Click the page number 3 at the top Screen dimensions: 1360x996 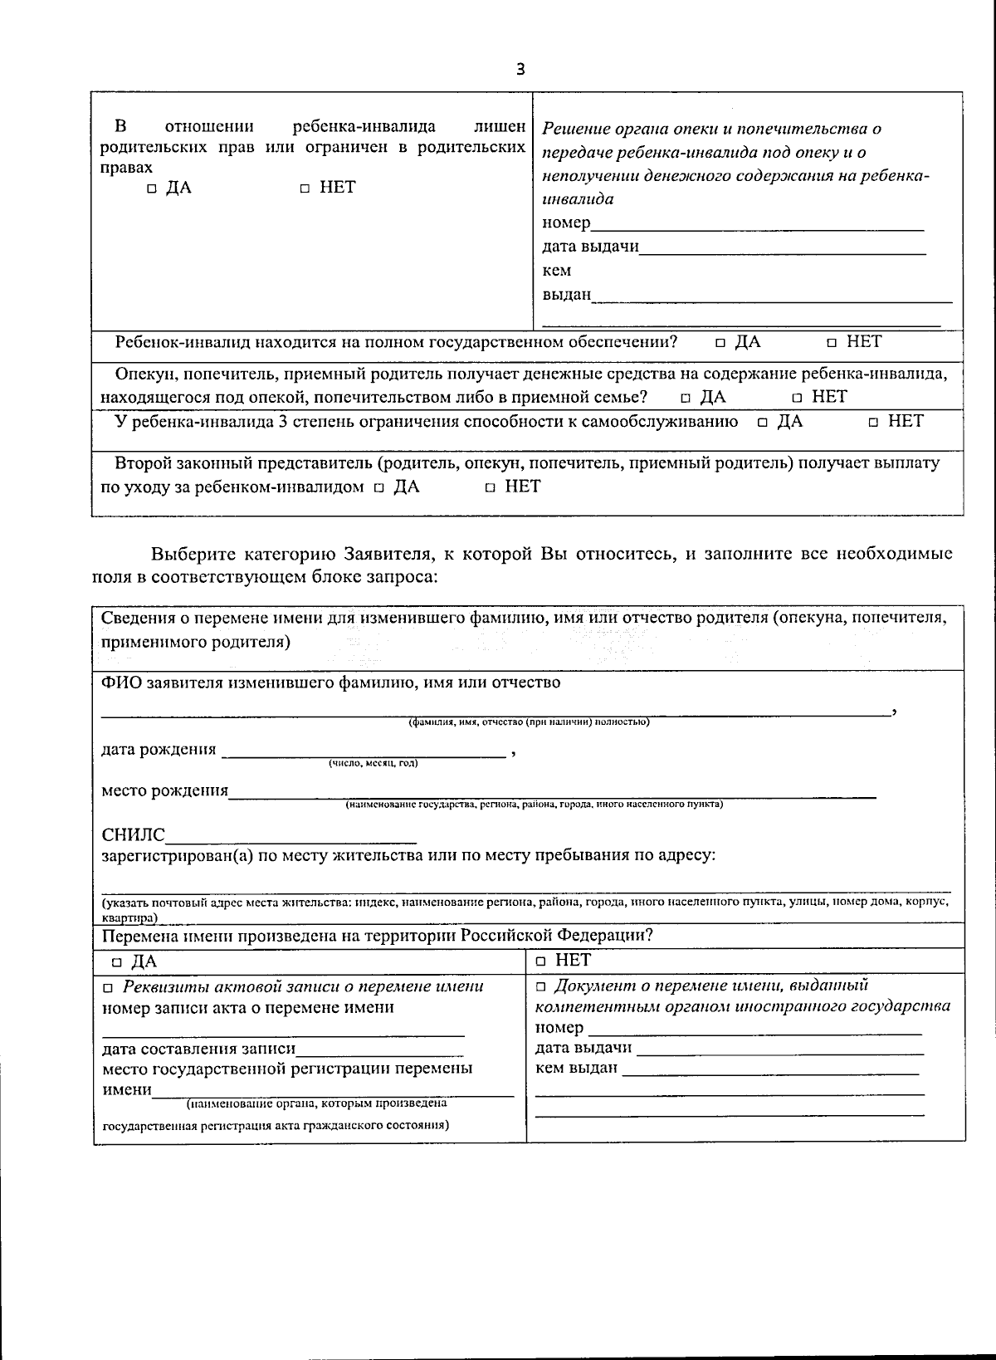tap(520, 69)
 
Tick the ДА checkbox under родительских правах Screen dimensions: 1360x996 tap(152, 189)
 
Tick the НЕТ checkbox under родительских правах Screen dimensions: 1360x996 tap(305, 189)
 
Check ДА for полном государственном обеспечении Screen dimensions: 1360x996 tap(720, 343)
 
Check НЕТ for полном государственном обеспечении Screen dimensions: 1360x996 tap(832, 343)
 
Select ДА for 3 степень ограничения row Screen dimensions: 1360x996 tap(763, 423)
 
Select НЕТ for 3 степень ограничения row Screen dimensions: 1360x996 tap(874, 423)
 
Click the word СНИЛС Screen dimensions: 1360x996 tap(133, 834)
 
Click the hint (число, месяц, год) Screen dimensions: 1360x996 tap(373, 763)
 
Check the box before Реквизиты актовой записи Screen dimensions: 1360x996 tap(108, 988)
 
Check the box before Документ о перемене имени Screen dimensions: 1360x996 tap(541, 987)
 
